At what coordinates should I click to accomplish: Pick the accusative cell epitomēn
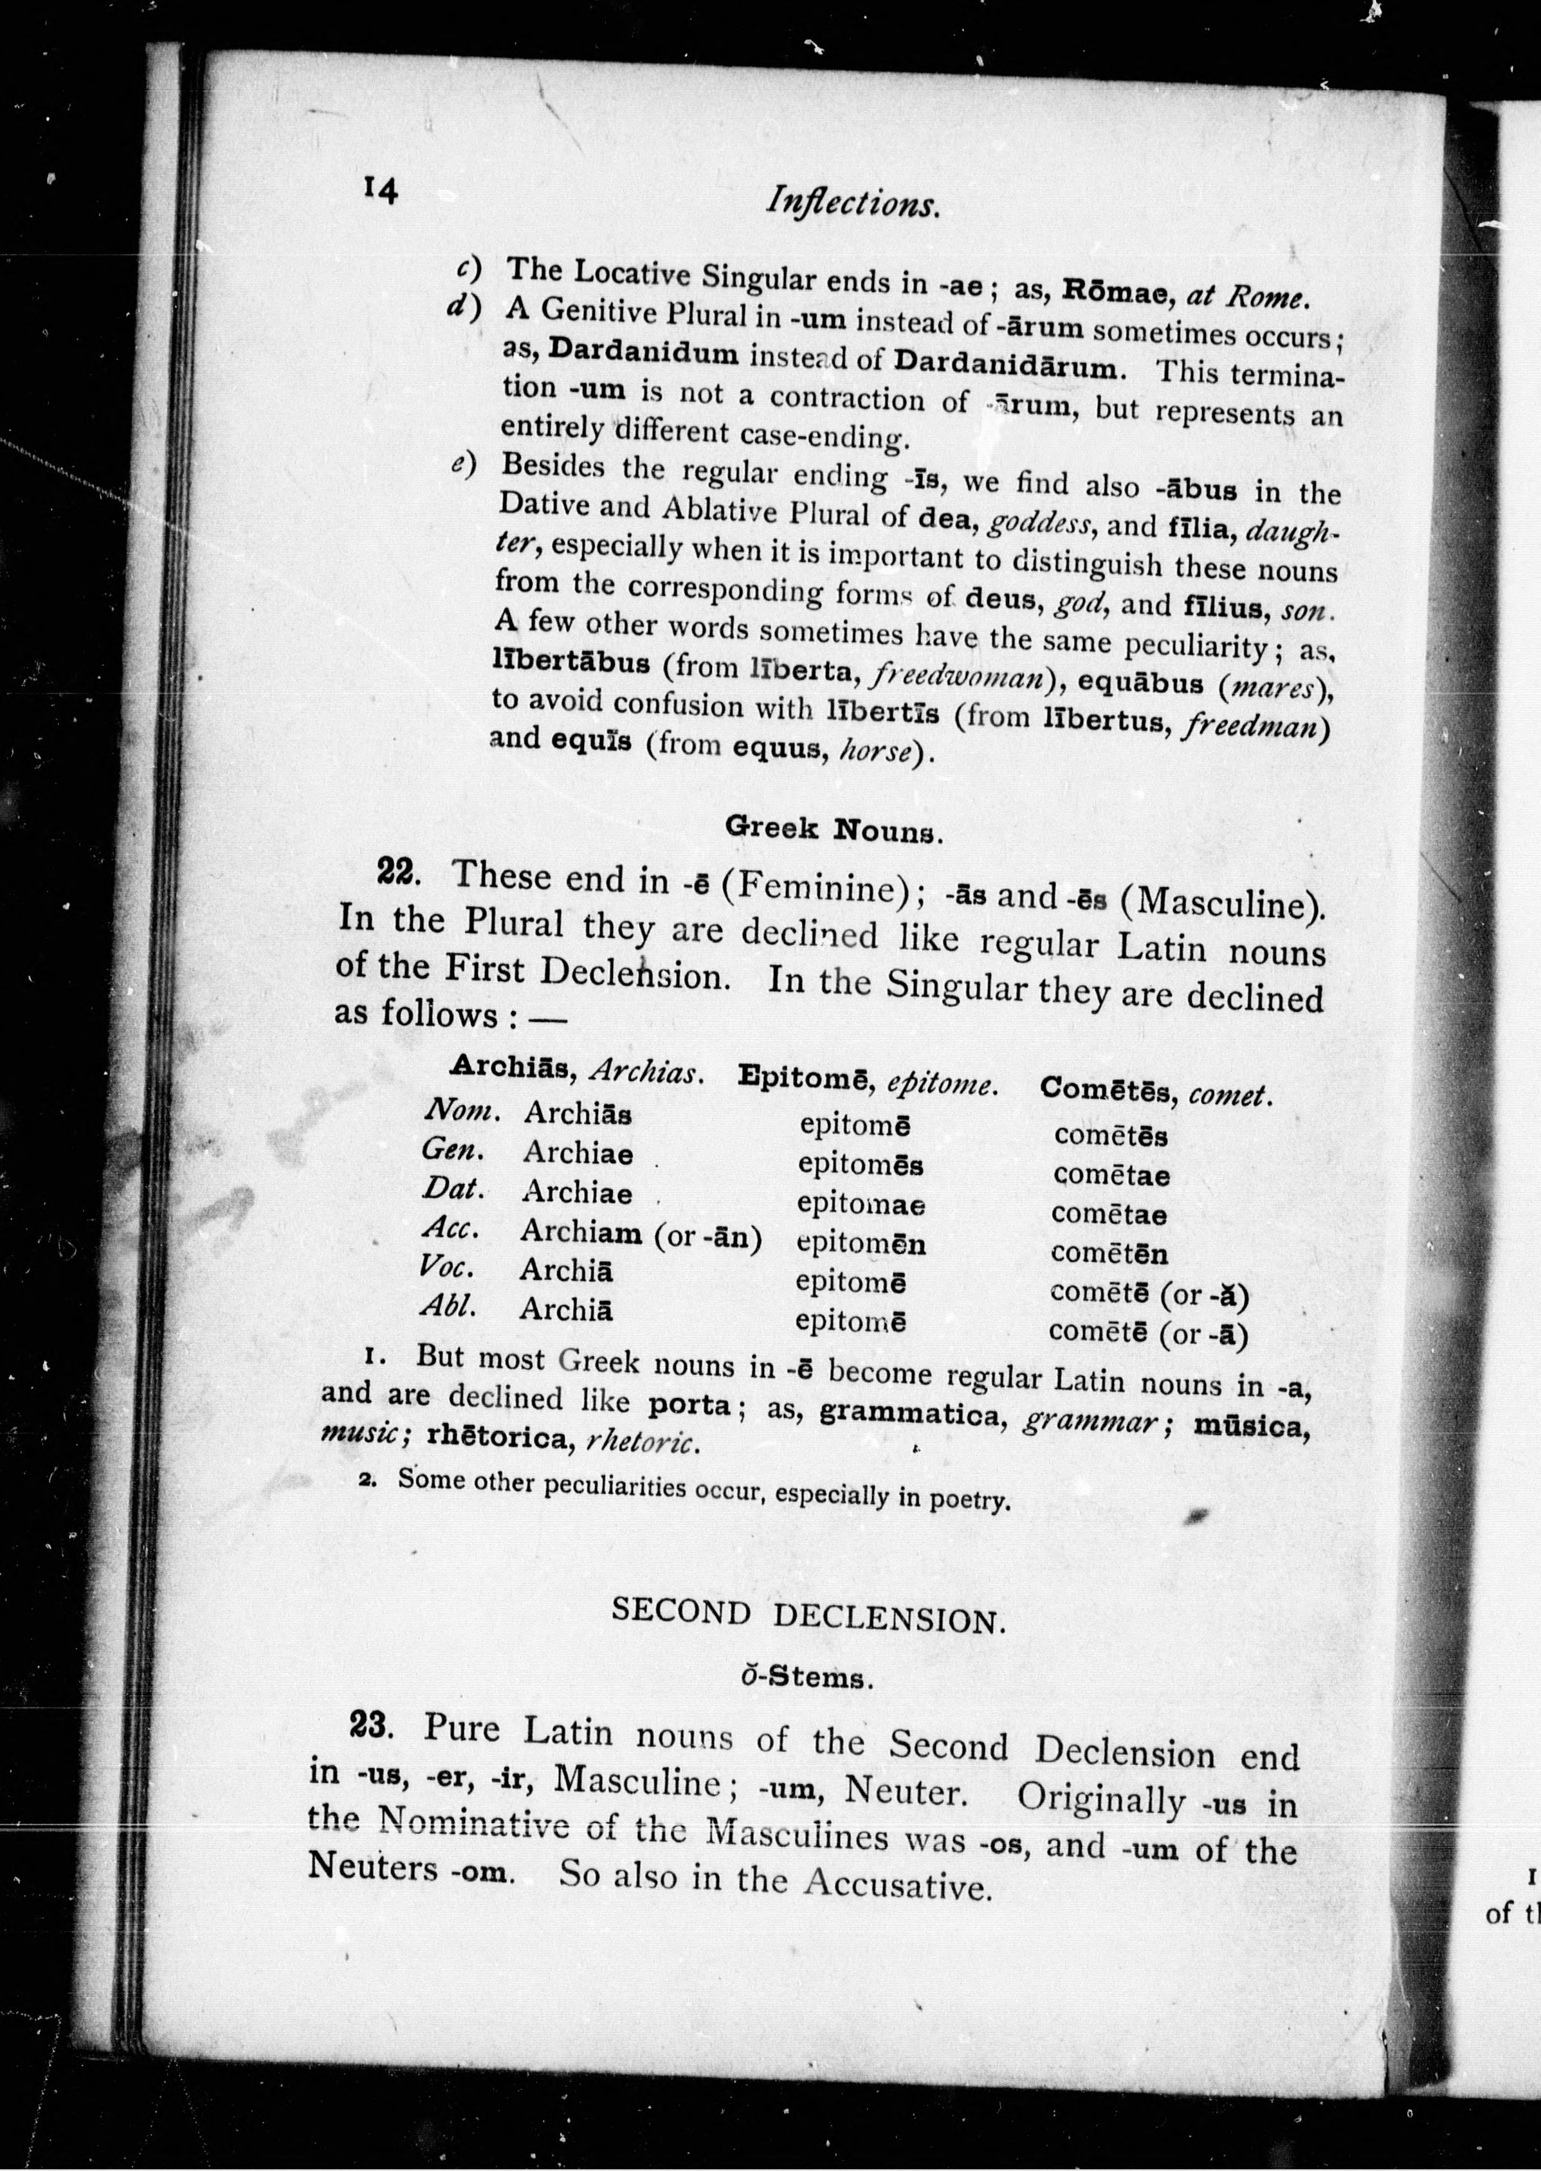tap(861, 1243)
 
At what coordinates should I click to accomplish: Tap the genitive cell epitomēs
tap(860, 1164)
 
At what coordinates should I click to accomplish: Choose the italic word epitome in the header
tap(942, 1083)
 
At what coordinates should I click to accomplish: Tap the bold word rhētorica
tap(501, 1439)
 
